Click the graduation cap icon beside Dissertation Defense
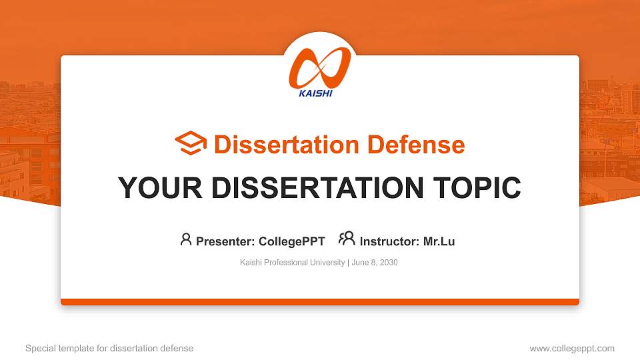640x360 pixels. [191, 144]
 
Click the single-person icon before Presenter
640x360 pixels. [186, 239]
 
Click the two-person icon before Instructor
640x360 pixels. [347, 239]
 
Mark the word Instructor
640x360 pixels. [387, 241]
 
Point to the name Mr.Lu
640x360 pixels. [439, 241]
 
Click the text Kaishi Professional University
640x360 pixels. [292, 263]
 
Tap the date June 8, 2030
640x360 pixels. [374, 263]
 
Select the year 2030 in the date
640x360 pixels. [389, 263]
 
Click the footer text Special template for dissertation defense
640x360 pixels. [109, 348]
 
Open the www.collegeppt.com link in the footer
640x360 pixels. [572, 348]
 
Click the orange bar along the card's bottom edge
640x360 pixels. [320, 302]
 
